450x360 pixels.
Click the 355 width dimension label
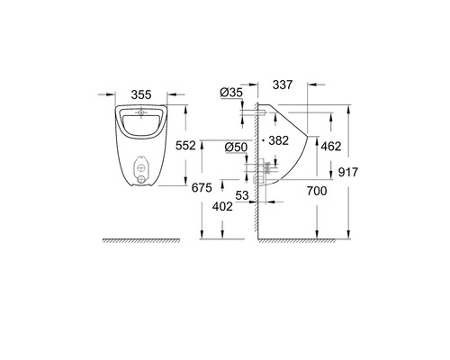(x=141, y=94)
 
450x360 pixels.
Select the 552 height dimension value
(x=185, y=146)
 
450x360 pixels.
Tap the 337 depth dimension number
(x=283, y=85)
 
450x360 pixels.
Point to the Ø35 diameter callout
(x=231, y=93)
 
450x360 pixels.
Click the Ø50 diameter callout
(x=237, y=148)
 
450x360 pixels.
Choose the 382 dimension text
(x=279, y=140)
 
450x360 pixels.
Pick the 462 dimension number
(x=331, y=147)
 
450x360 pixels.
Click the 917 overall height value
(x=348, y=172)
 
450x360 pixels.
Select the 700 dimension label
(x=317, y=191)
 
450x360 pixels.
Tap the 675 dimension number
(x=202, y=188)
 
